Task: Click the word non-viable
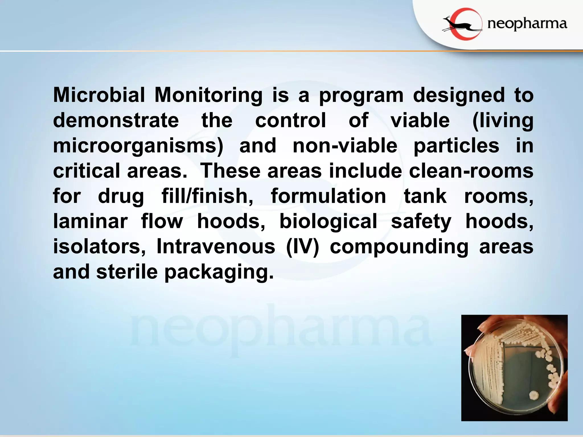pos(345,146)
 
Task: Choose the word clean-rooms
pos(471,171)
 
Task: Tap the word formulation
pos(328,196)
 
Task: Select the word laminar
pos(90,221)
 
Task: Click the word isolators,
pos(99,246)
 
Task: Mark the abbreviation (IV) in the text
pos(302,247)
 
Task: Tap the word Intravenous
pos(216,246)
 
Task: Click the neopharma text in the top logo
pos(527,24)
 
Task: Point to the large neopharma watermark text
pos(280,330)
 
